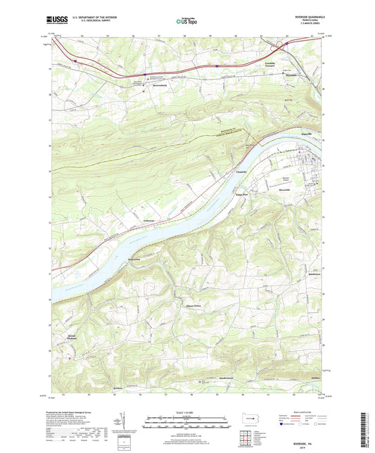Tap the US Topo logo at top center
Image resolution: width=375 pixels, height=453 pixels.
coord(186,22)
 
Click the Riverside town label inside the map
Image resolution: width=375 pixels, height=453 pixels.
coord(285,189)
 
